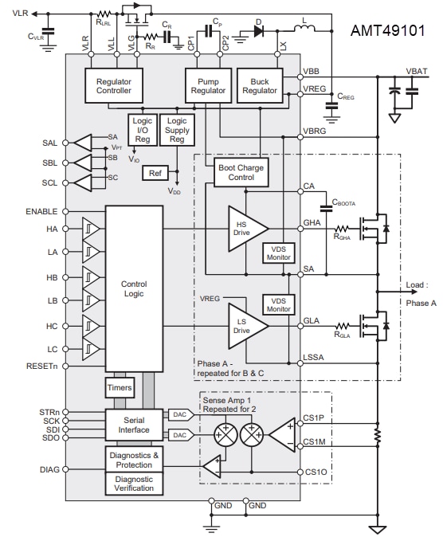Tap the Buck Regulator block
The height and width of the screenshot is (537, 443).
pyautogui.click(x=259, y=85)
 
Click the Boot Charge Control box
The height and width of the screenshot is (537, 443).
pyautogui.click(x=240, y=173)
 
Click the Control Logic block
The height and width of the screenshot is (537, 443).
pyautogui.click(x=134, y=288)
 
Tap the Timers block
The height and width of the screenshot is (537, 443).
pyautogui.click(x=120, y=387)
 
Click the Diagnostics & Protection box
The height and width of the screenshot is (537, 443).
pyautogui.click(x=134, y=459)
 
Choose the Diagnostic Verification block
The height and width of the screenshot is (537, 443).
pyautogui.click(x=134, y=484)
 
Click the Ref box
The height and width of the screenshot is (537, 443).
pyautogui.click(x=155, y=173)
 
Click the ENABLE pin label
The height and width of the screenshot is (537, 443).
pyautogui.click(x=41, y=212)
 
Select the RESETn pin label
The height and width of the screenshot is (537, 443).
pyautogui.click(x=41, y=366)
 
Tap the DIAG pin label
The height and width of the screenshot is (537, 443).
pyautogui.click(x=49, y=470)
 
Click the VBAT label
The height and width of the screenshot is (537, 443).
pyautogui.click(x=417, y=71)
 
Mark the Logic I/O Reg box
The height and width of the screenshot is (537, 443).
pyautogui.click(x=143, y=130)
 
